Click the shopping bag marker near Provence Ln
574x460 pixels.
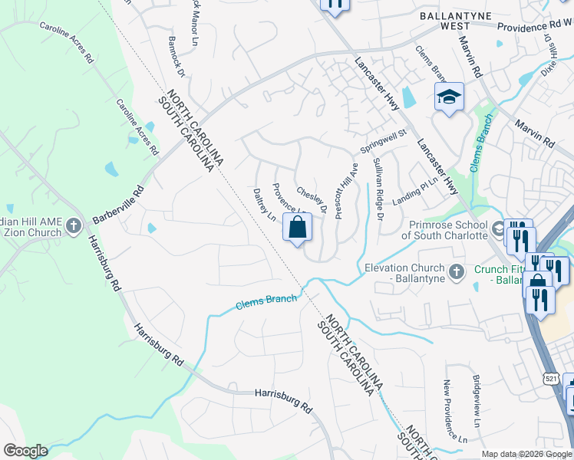point(297,228)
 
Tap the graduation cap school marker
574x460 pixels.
point(449,97)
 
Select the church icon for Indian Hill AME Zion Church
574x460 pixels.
point(74,225)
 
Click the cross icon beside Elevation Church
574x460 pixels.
point(456,271)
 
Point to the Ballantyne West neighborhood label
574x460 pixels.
point(444,20)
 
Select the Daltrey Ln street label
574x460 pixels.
point(264,205)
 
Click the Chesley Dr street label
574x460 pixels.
point(312,199)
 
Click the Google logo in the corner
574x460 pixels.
point(25,451)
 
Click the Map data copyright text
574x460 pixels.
point(526,454)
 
